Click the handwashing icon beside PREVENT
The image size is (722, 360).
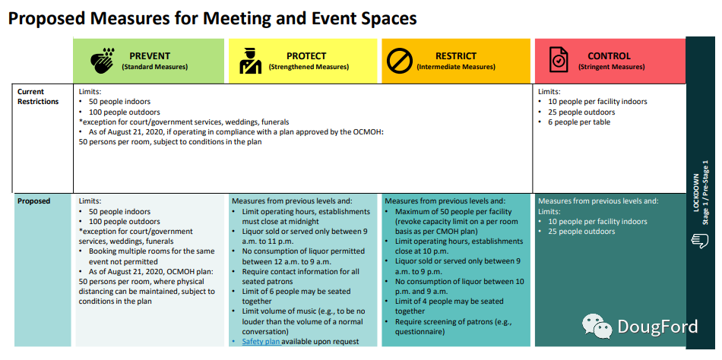coord(103,61)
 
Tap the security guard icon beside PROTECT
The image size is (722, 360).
coord(251,61)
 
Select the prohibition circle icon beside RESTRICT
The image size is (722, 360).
coord(399,61)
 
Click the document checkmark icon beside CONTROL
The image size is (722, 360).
coord(559,60)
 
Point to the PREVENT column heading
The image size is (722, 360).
coord(150,56)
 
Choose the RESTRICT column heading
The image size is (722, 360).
coord(456,56)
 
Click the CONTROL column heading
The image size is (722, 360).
coord(610,56)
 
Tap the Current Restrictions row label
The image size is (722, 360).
coord(38,96)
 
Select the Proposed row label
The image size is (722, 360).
coord(33,201)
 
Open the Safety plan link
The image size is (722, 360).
coord(261,341)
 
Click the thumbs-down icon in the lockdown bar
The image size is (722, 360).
coord(699,240)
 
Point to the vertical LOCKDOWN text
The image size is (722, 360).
coord(695,192)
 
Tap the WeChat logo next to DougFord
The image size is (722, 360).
coord(597,327)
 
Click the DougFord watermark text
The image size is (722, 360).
coord(657,327)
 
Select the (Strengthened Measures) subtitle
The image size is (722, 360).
coord(309,67)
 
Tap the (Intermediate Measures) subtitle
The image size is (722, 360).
coord(456,67)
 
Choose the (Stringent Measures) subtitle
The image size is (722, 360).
coord(611,67)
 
